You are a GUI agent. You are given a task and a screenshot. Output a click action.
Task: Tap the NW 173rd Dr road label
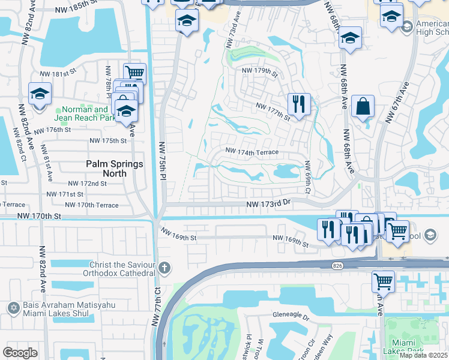click(x=268, y=205)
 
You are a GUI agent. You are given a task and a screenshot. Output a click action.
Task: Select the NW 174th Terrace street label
click(x=252, y=152)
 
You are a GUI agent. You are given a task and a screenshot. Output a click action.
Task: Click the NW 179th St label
click(x=260, y=71)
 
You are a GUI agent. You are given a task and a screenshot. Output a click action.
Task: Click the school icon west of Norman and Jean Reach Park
click(x=40, y=94)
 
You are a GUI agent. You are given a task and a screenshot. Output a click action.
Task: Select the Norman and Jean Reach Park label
click(x=84, y=114)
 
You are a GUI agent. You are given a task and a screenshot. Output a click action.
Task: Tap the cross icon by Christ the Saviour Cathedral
click(x=164, y=267)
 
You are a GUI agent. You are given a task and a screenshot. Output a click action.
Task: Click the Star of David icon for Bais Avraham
click(x=14, y=308)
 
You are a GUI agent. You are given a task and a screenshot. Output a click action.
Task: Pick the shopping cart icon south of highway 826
click(x=383, y=280)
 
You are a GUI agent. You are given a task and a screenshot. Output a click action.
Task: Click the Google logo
click(x=20, y=352)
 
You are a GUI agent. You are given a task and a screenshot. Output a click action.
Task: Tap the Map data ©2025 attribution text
click(x=423, y=355)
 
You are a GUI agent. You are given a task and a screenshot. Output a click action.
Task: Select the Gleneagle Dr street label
click(x=291, y=315)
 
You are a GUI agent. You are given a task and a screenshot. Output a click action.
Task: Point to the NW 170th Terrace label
click(x=91, y=205)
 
